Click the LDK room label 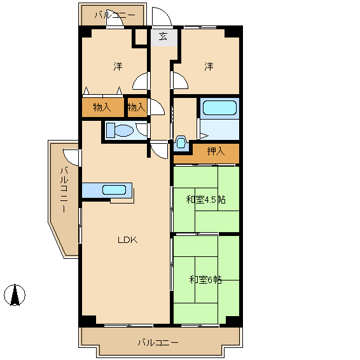click(x=128, y=240)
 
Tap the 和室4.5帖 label click(x=205, y=200)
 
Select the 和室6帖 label click(x=205, y=280)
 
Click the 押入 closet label click(x=216, y=151)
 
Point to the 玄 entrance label click(x=163, y=36)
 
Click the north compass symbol click(x=15, y=295)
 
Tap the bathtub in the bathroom click(x=219, y=107)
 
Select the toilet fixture click(x=120, y=130)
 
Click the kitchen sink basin click(x=114, y=190)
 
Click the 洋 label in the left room click(x=118, y=66)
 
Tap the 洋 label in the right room click(x=209, y=66)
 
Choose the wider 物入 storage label click(x=102, y=107)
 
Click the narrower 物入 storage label click(x=137, y=107)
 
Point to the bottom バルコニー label click(x=158, y=343)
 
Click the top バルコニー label click(x=115, y=15)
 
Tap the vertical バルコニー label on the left click(x=64, y=190)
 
